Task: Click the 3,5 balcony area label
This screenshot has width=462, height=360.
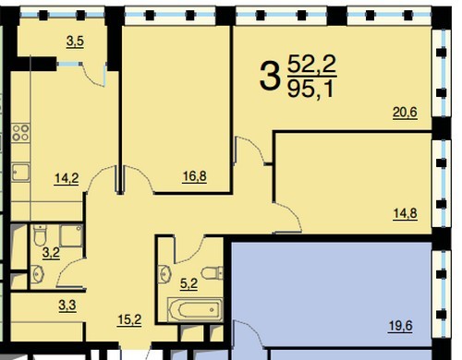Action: coord(75,42)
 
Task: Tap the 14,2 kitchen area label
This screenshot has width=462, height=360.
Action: coord(67,178)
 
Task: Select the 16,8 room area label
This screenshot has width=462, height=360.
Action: coord(195,176)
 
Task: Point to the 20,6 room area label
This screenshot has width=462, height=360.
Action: coord(405,113)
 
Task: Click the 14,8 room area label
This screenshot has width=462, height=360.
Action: coord(406,213)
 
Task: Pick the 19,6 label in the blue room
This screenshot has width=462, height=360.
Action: coord(400,326)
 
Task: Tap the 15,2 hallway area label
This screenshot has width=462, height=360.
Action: coord(129,320)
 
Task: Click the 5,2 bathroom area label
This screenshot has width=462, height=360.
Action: coord(188,283)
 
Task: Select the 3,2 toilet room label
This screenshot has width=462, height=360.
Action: coord(51,253)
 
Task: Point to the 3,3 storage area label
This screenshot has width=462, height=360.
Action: coord(67,306)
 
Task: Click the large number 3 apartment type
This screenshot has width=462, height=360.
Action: coord(270,76)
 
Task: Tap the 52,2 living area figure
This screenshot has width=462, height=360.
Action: coord(311,65)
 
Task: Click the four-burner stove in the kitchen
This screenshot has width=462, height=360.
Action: coord(20,133)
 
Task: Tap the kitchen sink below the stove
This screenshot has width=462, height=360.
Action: coord(20,173)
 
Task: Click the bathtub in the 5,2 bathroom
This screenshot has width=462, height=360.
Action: coord(195,309)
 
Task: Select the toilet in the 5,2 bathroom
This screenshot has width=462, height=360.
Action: coord(213,273)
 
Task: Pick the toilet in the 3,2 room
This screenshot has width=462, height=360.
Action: coord(40,235)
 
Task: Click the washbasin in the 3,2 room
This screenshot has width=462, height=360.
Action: coord(38,273)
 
